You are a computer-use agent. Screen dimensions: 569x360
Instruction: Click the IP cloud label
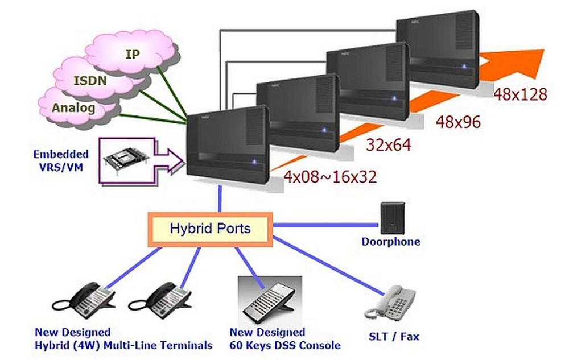click(133, 54)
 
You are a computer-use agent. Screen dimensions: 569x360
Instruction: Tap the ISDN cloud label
click(90, 81)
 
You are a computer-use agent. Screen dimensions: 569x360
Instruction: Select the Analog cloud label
click(73, 107)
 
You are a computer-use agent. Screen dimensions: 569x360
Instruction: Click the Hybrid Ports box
click(210, 229)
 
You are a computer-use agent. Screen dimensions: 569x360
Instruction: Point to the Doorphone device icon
click(392, 218)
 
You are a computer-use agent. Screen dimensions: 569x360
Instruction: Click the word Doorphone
click(391, 242)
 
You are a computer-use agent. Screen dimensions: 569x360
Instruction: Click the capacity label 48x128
click(520, 94)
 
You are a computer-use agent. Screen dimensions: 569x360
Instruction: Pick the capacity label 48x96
click(458, 122)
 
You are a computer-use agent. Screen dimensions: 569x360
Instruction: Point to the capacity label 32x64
click(389, 145)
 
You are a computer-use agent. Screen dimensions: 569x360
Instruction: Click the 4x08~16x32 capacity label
click(330, 177)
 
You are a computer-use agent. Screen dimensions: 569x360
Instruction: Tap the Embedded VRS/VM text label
click(61, 160)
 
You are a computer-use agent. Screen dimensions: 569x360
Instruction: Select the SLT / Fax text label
click(394, 337)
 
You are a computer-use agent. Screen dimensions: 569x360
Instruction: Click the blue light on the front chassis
click(254, 162)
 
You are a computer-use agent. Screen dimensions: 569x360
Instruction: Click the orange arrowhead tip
click(545, 49)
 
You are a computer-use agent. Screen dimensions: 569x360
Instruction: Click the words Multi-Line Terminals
click(158, 346)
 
